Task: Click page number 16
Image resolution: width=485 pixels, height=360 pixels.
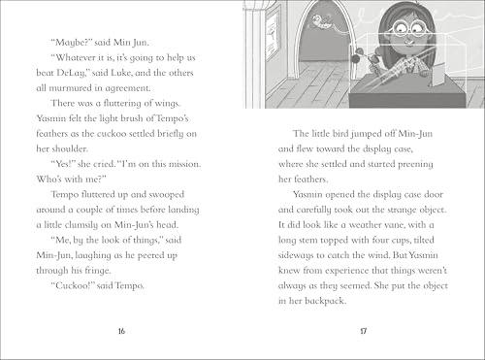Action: (121, 330)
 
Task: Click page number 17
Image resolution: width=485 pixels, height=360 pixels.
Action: (363, 330)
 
